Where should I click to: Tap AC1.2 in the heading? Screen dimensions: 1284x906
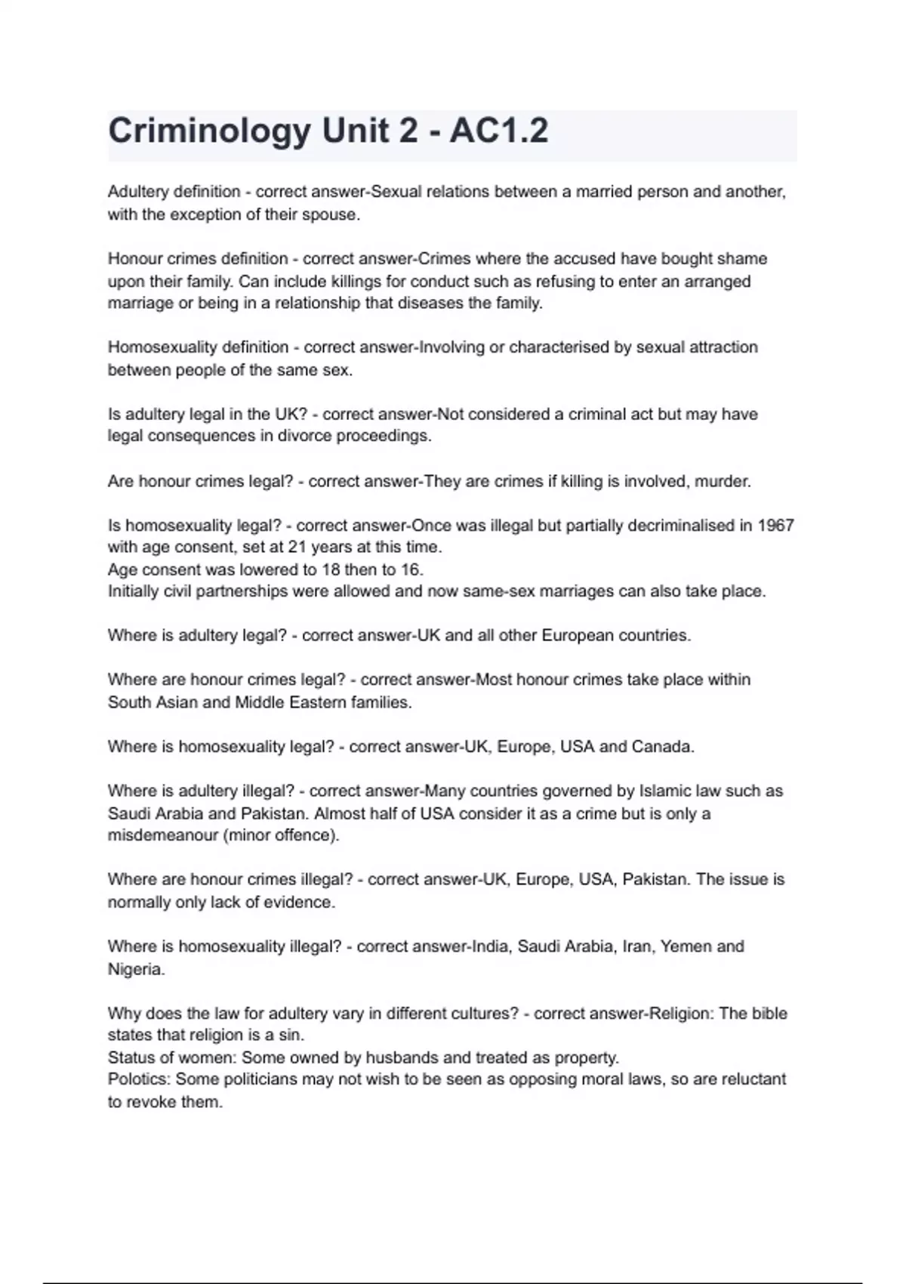[499, 131]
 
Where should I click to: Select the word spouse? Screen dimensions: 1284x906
[330, 215]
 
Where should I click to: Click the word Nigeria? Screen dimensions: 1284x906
[135, 969]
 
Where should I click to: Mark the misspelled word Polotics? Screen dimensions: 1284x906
[139, 1079]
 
